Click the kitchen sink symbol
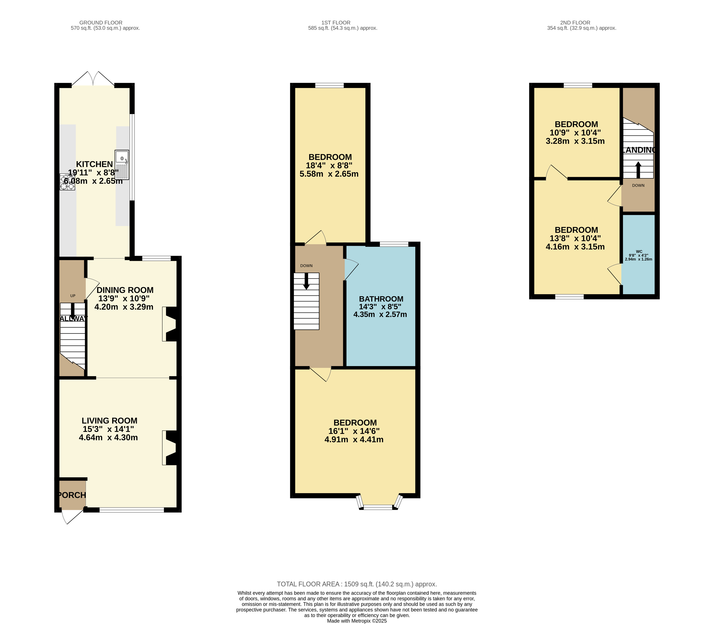point(122,165)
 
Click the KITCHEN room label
point(94,164)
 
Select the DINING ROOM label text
point(125,290)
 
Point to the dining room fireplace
point(170,324)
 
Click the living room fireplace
point(170,448)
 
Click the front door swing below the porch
point(71,517)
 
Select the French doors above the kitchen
point(93,79)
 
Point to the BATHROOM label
point(381,299)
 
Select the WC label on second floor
point(639,251)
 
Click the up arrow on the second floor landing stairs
point(638,170)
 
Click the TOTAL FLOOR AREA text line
point(357,584)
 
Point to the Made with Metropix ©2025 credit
point(357,621)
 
